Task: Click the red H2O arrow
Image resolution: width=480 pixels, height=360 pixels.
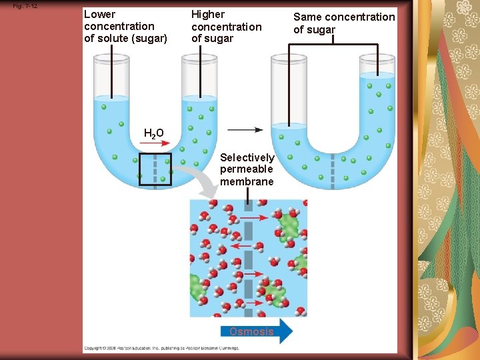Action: pos(155,143)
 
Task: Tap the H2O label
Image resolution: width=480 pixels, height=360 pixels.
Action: pos(154,133)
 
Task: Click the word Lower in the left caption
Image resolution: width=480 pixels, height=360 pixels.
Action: pos(99,14)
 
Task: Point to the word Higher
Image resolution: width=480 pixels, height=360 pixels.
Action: pos(208,14)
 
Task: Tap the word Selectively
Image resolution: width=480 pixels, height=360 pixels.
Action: pos(247,157)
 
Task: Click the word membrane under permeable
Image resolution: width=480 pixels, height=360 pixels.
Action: pos(247,182)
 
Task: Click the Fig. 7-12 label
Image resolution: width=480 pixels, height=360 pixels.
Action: pos(25,6)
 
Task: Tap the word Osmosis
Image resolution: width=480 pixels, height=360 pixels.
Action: pos(251,331)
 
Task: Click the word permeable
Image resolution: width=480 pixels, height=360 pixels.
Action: pos(247,169)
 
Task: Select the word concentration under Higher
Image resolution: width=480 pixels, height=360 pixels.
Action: pos(226,27)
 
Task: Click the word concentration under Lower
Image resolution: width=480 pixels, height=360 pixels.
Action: pos(119,26)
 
